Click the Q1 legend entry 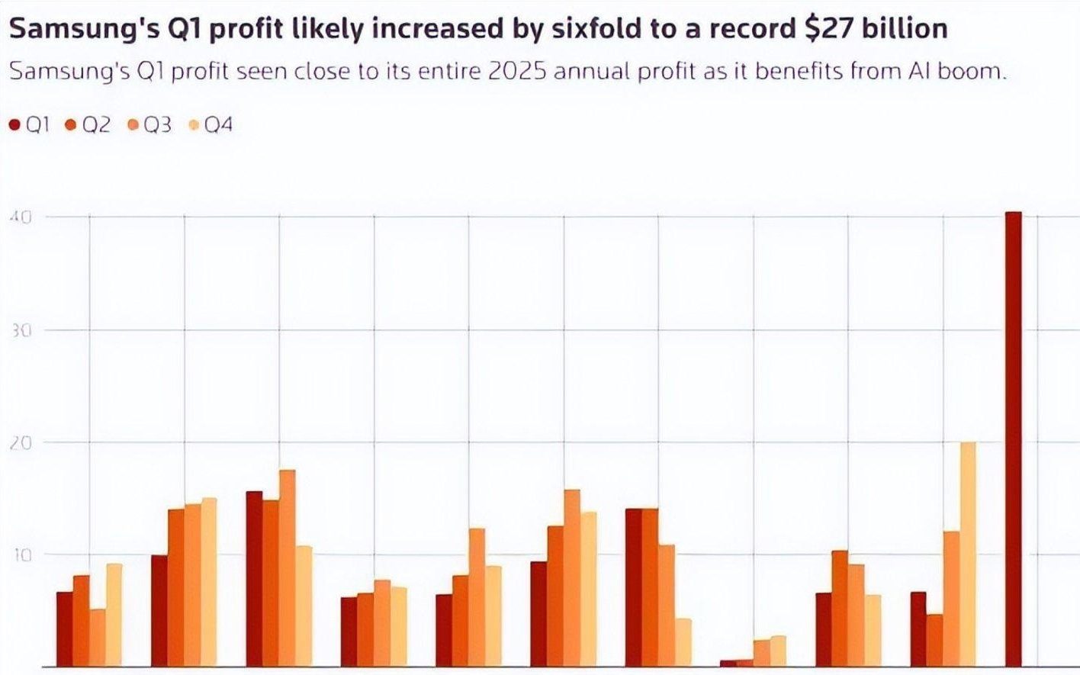point(31,125)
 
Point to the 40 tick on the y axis point(21,217)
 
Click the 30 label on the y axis point(21,330)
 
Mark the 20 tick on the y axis point(21,443)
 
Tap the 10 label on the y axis point(21,555)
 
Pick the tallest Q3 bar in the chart point(287,568)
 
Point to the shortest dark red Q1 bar point(728,664)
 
